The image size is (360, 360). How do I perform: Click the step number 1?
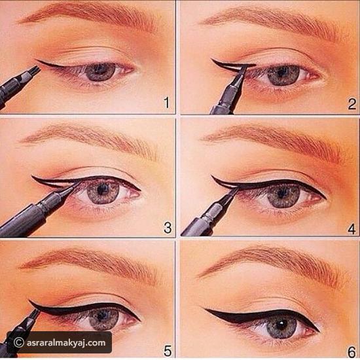click(167, 103)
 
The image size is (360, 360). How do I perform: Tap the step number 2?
click(352, 104)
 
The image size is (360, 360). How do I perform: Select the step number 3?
click(168, 228)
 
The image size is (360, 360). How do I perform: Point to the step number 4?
click(351, 229)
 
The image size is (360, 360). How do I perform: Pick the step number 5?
click(168, 351)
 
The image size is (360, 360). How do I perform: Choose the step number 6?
click(351, 352)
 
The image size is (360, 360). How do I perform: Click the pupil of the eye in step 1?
click(100, 69)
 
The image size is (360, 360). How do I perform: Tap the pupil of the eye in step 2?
click(281, 73)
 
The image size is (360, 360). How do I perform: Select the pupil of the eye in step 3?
click(101, 189)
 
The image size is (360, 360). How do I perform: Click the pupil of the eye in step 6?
click(281, 325)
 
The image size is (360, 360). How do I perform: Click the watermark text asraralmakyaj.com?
click(66, 343)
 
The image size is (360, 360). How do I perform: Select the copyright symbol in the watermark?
click(19, 343)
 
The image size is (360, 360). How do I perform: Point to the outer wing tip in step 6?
click(204, 309)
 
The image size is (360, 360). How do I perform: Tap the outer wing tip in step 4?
click(211, 176)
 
